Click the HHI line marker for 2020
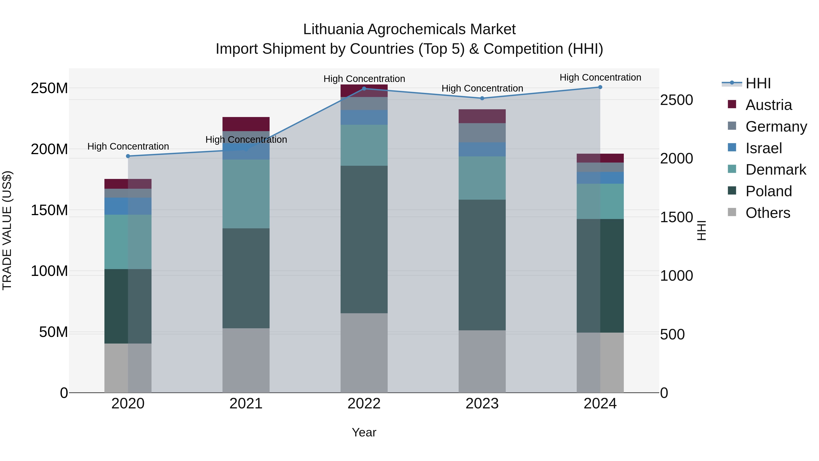[128, 156]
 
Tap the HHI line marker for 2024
[600, 87]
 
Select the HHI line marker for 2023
[482, 98]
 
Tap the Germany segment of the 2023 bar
[482, 133]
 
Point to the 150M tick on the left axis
[49, 210]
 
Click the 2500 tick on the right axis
[676, 100]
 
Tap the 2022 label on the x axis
[364, 404]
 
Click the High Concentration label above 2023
[482, 89]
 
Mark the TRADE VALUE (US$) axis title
[7, 230]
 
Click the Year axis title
[364, 432]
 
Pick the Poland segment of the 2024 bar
[600, 275]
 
